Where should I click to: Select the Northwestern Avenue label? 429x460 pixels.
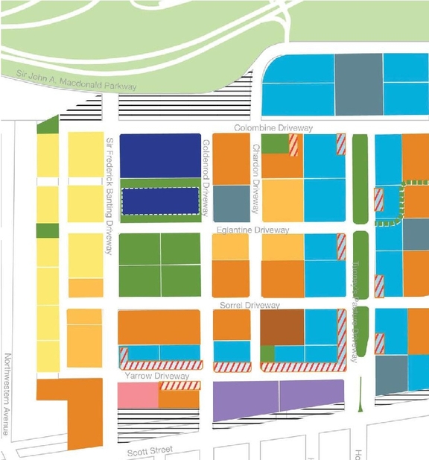(x=8, y=395)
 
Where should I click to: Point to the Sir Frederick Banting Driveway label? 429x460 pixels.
(x=109, y=195)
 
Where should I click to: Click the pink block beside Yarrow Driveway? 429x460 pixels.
(x=138, y=396)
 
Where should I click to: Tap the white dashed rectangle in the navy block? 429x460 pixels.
(x=160, y=201)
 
